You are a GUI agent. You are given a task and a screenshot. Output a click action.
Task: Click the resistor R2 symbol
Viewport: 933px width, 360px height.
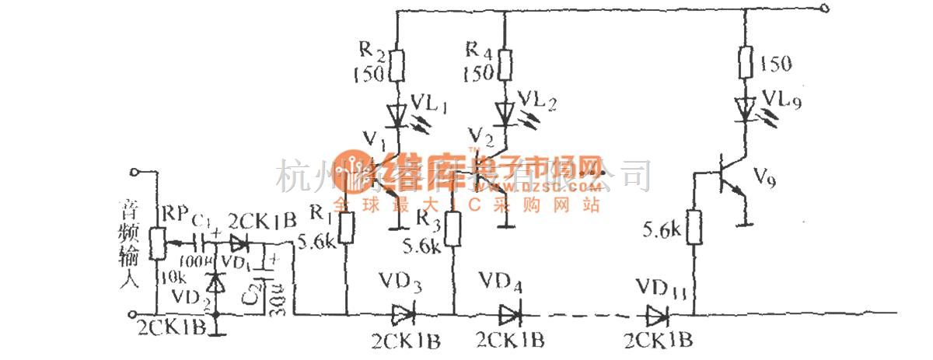click(397, 66)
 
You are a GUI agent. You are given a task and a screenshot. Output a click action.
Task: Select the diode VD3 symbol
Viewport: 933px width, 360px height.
click(402, 314)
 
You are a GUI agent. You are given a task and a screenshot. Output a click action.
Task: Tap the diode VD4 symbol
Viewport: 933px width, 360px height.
click(509, 314)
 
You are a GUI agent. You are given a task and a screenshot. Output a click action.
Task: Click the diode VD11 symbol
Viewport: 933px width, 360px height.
click(658, 314)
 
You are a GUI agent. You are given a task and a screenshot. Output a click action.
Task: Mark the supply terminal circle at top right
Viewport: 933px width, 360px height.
click(825, 10)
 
